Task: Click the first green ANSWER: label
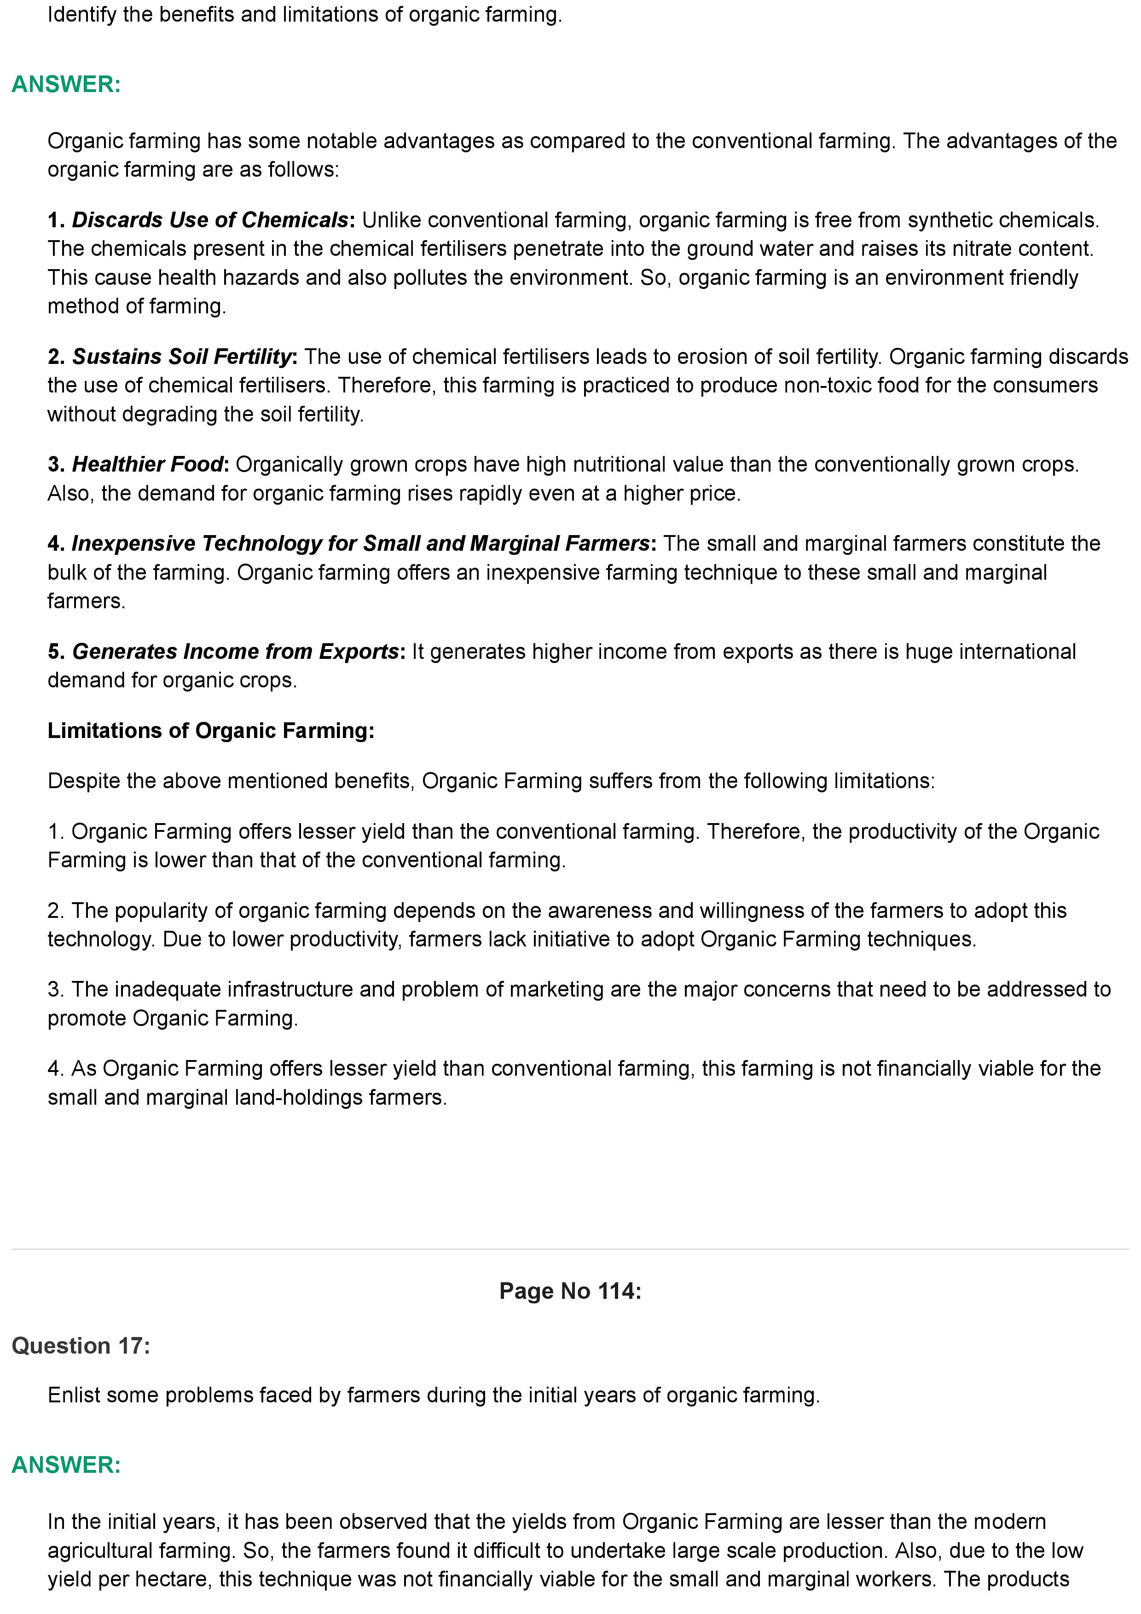[x=66, y=84]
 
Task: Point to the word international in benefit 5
[x=1017, y=651]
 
